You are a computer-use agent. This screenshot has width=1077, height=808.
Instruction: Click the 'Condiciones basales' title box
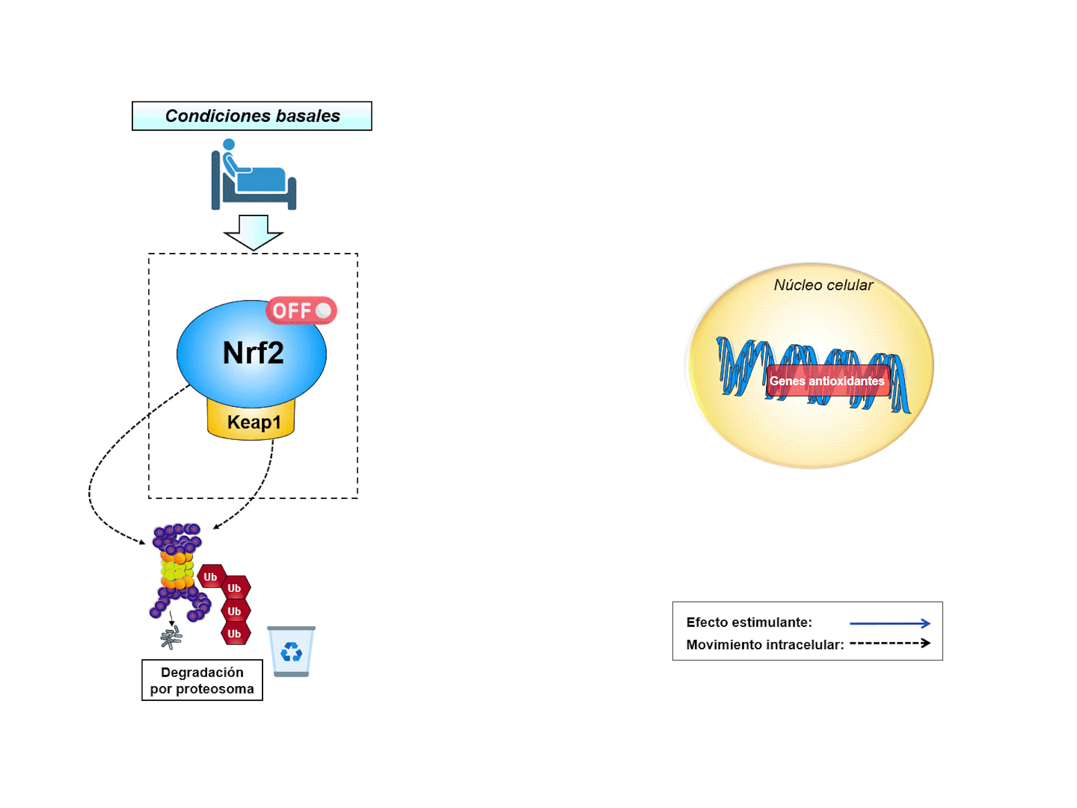252,116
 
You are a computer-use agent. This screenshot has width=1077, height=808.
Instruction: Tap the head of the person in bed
229,145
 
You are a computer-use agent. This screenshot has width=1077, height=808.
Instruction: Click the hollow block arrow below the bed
253,232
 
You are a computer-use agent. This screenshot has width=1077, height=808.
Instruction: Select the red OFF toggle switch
301,310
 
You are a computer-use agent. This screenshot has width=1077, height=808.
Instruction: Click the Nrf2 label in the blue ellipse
253,353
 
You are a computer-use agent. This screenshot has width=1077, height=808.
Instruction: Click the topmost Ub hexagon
211,576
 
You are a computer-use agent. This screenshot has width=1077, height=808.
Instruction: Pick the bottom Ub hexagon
235,633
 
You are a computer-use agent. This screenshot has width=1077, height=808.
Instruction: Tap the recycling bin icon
291,651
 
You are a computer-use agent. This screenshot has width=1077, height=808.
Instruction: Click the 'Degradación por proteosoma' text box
202,680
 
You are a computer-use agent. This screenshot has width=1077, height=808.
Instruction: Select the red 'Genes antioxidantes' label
827,381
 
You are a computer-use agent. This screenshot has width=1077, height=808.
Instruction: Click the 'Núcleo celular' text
823,285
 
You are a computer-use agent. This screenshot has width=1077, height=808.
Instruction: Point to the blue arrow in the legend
890,623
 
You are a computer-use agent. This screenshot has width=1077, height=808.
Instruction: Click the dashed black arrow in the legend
890,644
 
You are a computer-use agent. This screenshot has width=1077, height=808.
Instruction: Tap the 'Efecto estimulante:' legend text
749,622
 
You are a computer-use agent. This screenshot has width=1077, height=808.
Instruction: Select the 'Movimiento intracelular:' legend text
765,645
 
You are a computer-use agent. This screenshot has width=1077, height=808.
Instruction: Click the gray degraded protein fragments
171,637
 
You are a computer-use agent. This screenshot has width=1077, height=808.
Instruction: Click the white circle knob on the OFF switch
324,310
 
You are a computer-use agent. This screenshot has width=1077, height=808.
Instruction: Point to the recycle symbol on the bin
291,652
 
